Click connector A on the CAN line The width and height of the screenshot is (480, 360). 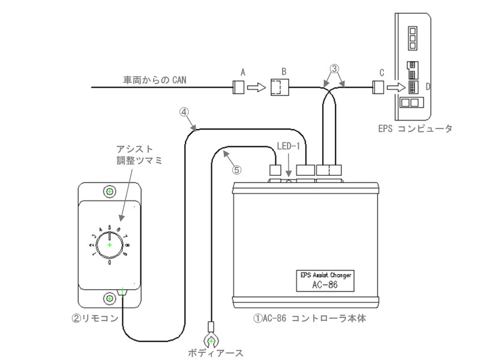pos(238,88)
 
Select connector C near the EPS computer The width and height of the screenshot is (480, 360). pos(379,88)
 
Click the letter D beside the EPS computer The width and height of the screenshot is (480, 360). pos(428,86)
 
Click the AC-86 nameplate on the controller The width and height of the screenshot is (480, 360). pos(326,280)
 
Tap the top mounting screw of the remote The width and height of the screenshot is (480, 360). pos(110,191)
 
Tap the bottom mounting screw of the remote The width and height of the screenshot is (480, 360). pos(110,298)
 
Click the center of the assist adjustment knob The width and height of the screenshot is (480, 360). pos(110,245)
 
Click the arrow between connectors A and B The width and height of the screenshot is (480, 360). pos(256,88)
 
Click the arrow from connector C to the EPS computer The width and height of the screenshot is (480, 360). pos(395,88)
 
